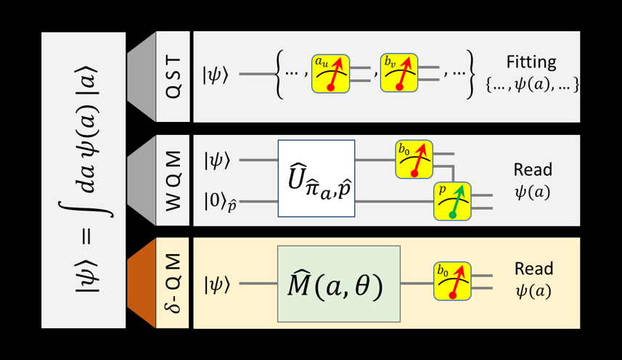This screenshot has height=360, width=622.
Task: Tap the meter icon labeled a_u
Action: [x=330, y=73]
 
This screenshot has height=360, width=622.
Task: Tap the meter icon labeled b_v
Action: [x=399, y=73]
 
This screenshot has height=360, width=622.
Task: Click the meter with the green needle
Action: [x=452, y=201]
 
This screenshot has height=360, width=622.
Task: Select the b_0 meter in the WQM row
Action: [x=414, y=159]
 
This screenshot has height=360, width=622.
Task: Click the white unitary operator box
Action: [x=316, y=179]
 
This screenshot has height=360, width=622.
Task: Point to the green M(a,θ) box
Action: [x=339, y=284]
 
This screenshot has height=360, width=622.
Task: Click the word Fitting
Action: [x=532, y=62]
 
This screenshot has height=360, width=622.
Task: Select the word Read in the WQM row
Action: [x=533, y=169]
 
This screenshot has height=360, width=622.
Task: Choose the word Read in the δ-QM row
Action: [x=533, y=269]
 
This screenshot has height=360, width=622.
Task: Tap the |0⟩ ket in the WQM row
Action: [x=218, y=200]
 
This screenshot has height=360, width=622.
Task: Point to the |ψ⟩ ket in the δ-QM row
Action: [x=216, y=284]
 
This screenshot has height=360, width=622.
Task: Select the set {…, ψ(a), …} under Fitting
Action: [x=533, y=85]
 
